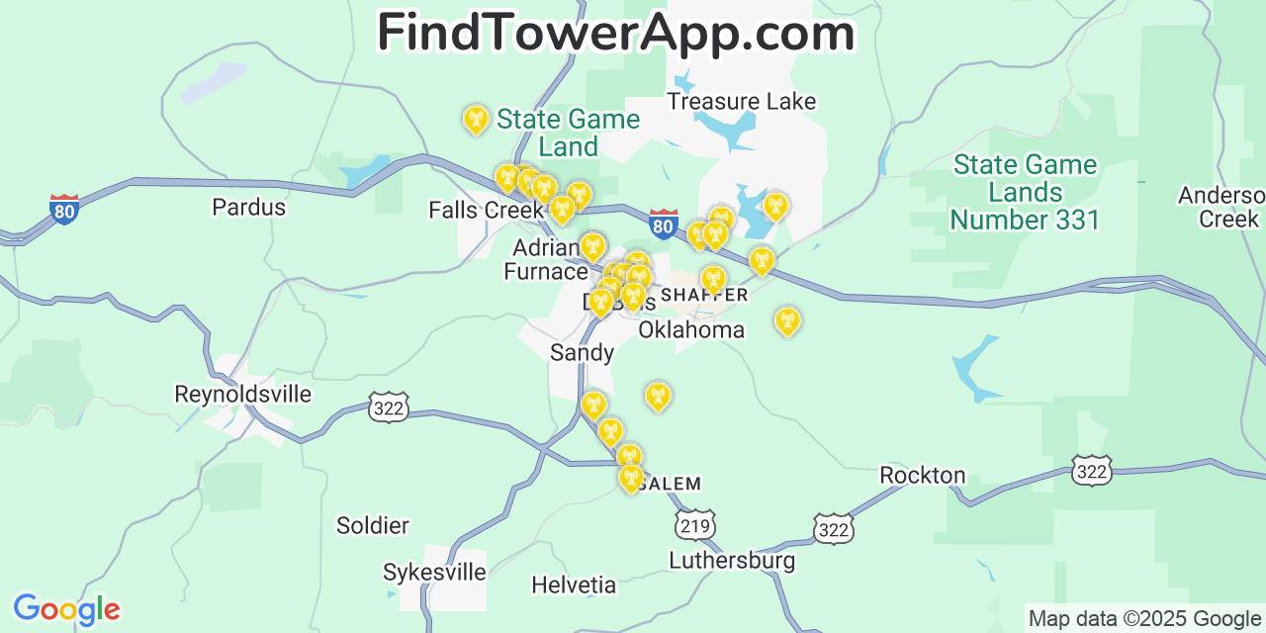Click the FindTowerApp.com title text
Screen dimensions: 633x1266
point(615,34)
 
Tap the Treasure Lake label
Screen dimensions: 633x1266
point(741,102)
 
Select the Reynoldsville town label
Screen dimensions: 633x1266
point(242,395)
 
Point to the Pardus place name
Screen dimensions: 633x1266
point(248,208)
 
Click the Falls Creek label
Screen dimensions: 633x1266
point(486,211)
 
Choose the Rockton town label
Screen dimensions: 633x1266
point(922,476)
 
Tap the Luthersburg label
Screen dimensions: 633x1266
point(732,561)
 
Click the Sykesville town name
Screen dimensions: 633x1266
point(434,573)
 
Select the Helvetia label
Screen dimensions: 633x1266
point(574,586)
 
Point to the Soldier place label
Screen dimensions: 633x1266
point(372,525)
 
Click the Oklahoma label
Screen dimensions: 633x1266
point(691,330)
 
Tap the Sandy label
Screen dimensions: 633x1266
point(582,353)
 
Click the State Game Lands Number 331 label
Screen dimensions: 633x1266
point(1025,192)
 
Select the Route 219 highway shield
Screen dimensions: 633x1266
point(695,524)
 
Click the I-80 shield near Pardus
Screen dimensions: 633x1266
point(64,210)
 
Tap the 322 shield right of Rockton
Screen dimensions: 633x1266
point(1091,471)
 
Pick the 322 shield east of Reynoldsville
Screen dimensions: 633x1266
point(389,407)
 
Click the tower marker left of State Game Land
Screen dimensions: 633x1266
point(476,120)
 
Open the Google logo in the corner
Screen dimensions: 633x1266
point(65,609)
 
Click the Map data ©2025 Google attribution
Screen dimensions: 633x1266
point(1143,619)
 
